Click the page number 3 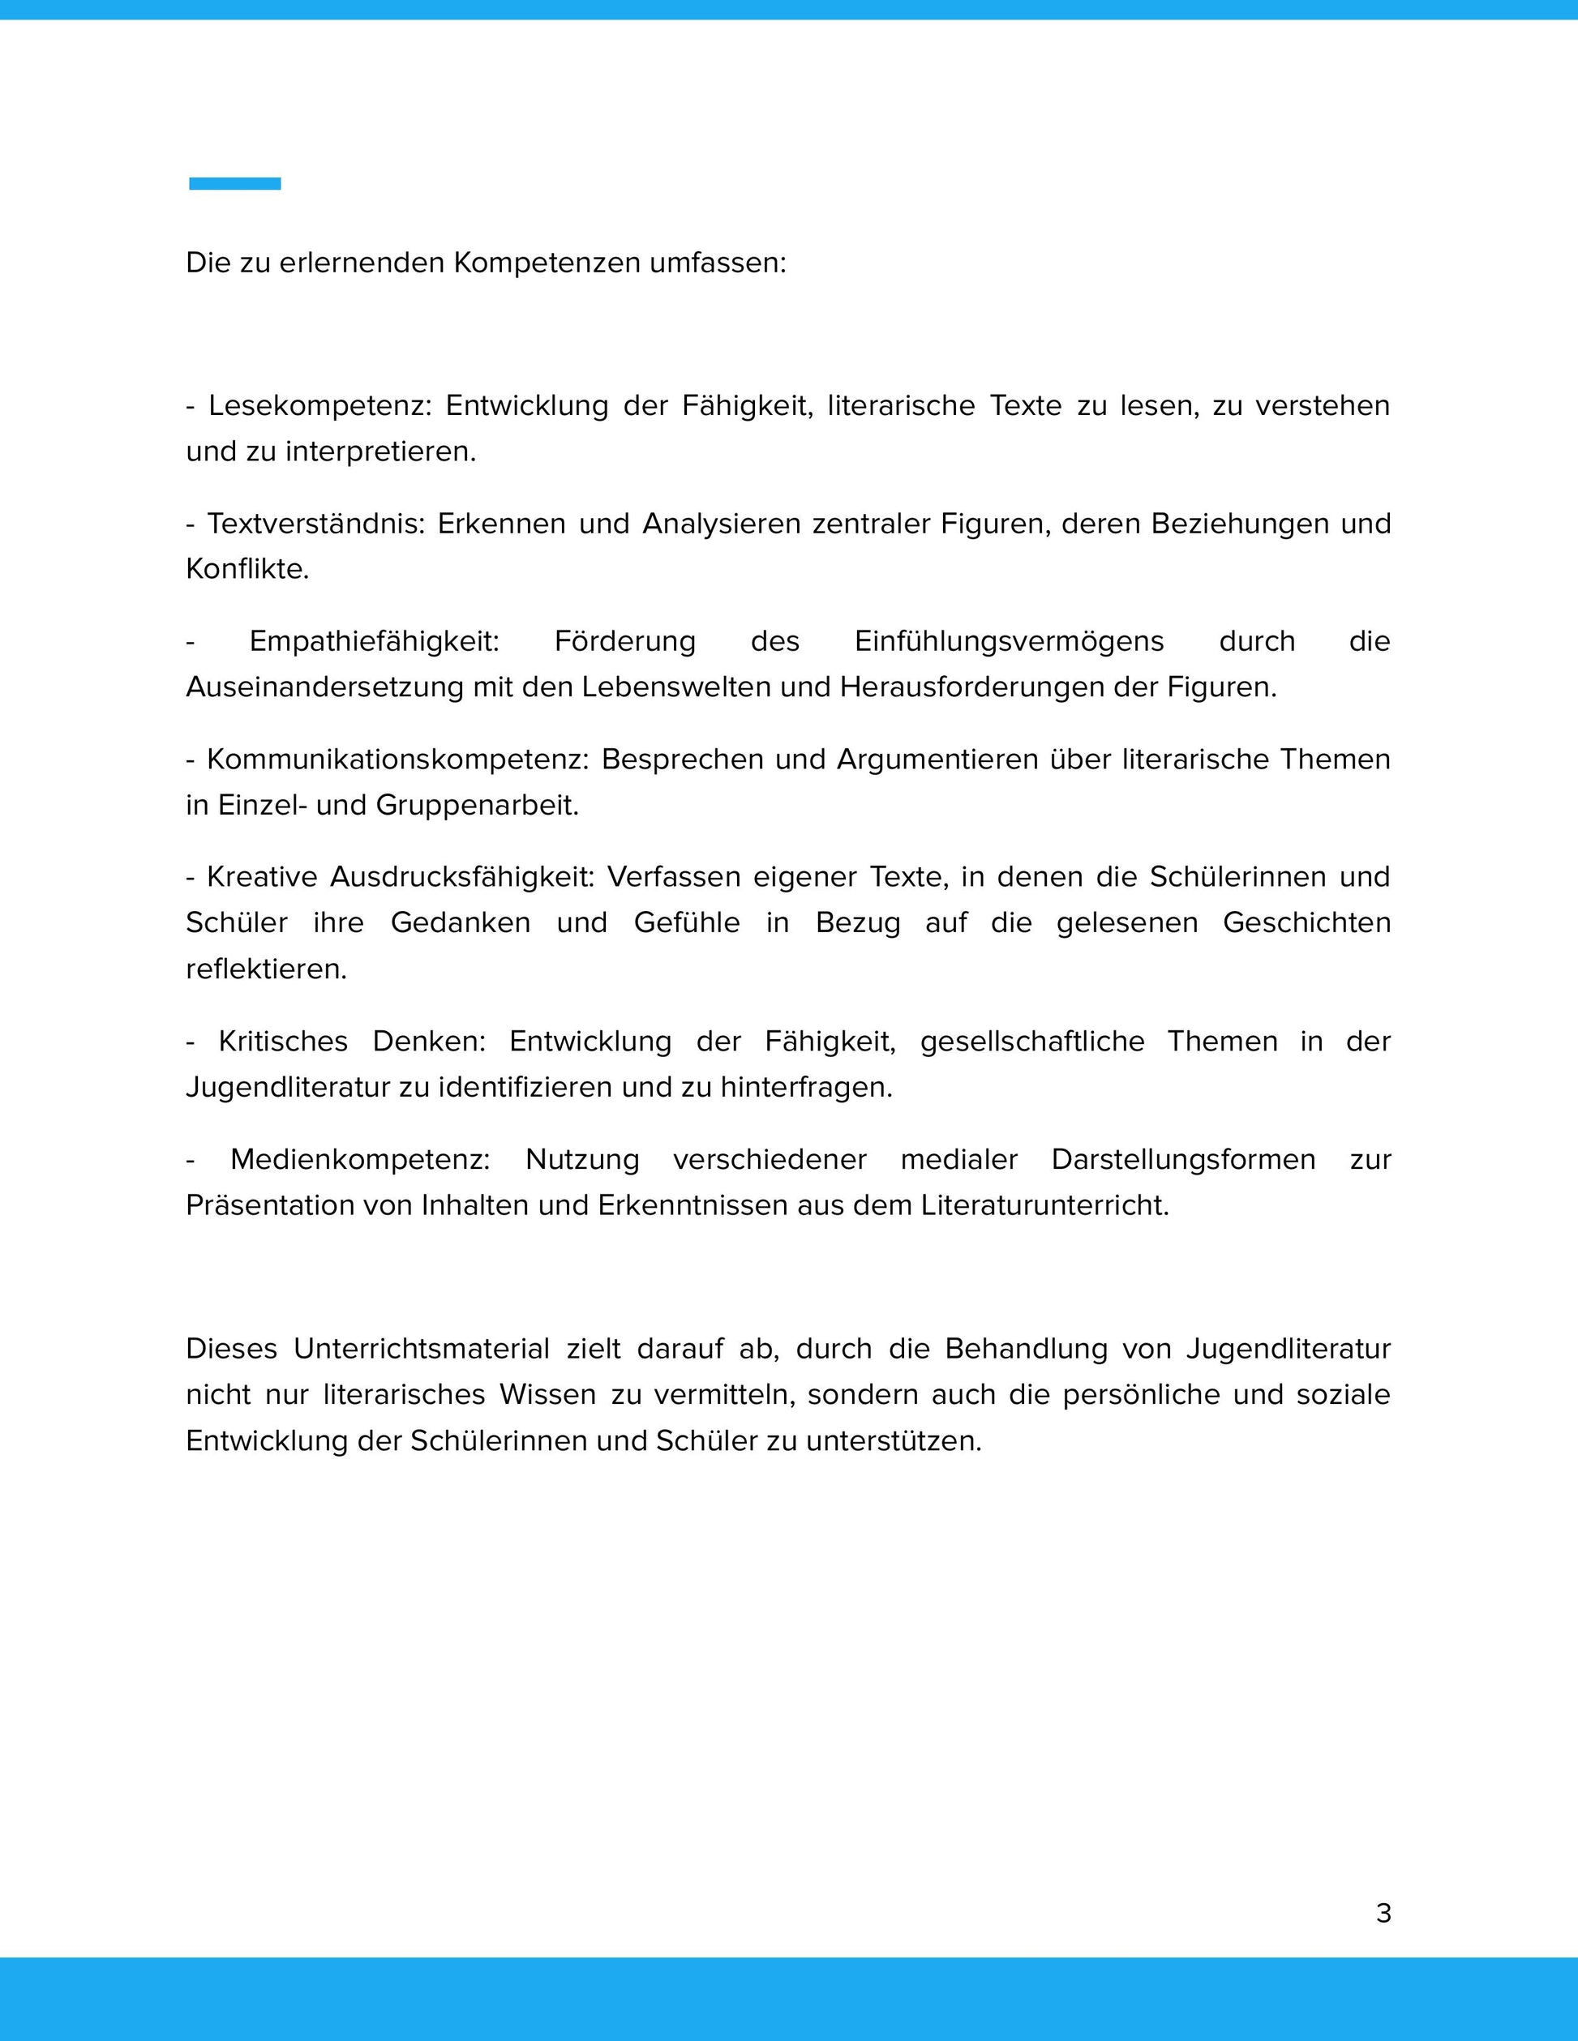click(x=1383, y=1913)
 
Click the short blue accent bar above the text click(x=234, y=183)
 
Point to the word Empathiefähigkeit click(x=374, y=641)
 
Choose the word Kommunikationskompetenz click(x=397, y=759)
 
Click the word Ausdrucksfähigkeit click(x=462, y=876)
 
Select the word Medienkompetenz click(x=360, y=1159)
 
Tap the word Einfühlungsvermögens click(x=1009, y=641)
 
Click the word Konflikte click(x=247, y=569)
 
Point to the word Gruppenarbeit click(x=477, y=805)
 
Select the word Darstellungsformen click(x=1182, y=1159)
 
